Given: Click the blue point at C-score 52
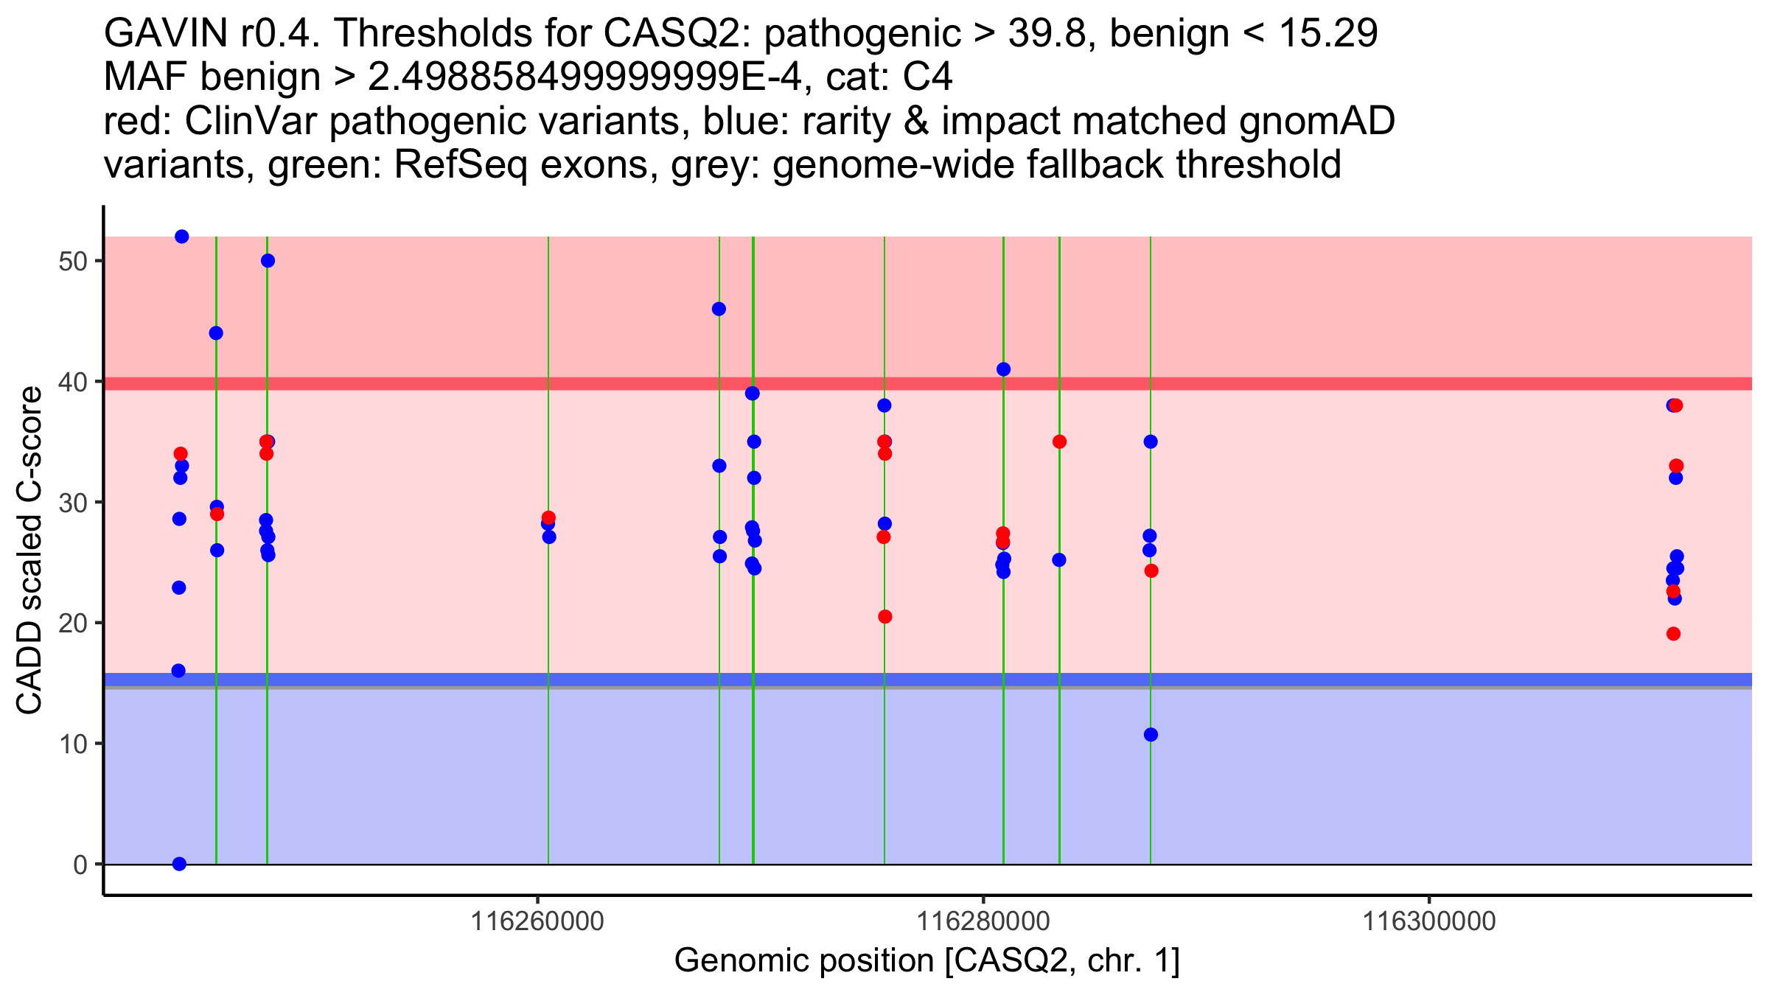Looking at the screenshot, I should click(x=181, y=237).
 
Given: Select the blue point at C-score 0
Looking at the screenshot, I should click(x=179, y=864).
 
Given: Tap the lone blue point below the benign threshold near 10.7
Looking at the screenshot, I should click(x=1151, y=735).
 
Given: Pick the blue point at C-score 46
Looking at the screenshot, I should click(x=719, y=309).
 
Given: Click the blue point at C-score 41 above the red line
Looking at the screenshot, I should click(x=1003, y=369).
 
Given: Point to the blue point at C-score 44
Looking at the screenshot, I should click(x=216, y=333).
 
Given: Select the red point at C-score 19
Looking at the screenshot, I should click(x=1673, y=634).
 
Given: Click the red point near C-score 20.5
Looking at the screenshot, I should click(x=884, y=617).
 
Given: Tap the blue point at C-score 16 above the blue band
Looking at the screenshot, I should click(x=178, y=671).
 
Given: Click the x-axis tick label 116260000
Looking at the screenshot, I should click(x=537, y=921).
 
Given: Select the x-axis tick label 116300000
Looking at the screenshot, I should click(x=1429, y=921).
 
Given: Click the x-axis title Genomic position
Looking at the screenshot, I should click(x=927, y=961).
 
